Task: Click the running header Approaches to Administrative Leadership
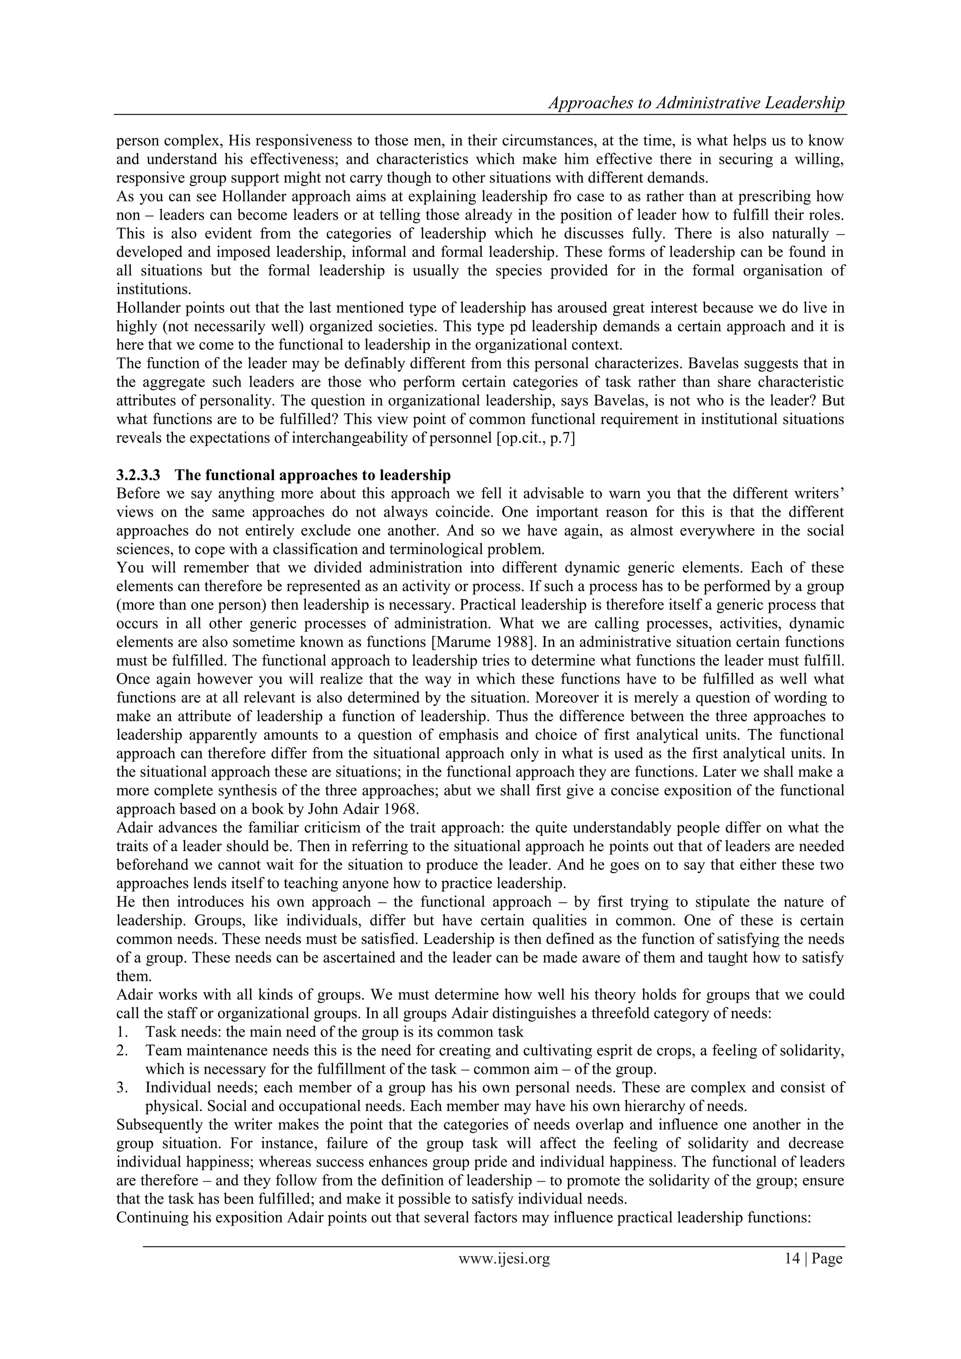click(x=696, y=103)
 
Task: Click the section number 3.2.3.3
click(x=138, y=475)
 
